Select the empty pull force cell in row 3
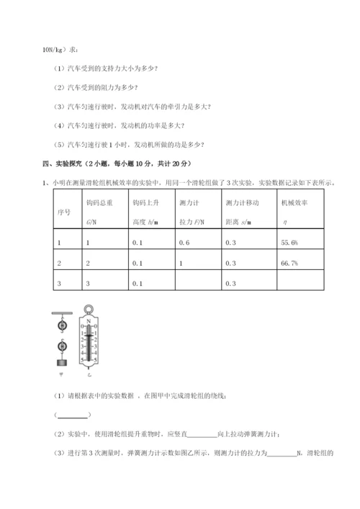tap(195, 283)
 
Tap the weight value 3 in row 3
tap(87, 283)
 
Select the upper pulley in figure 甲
tap(61, 325)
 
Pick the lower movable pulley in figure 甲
tap(61, 346)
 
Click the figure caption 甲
tap(60, 375)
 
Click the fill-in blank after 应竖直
tap(202, 434)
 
